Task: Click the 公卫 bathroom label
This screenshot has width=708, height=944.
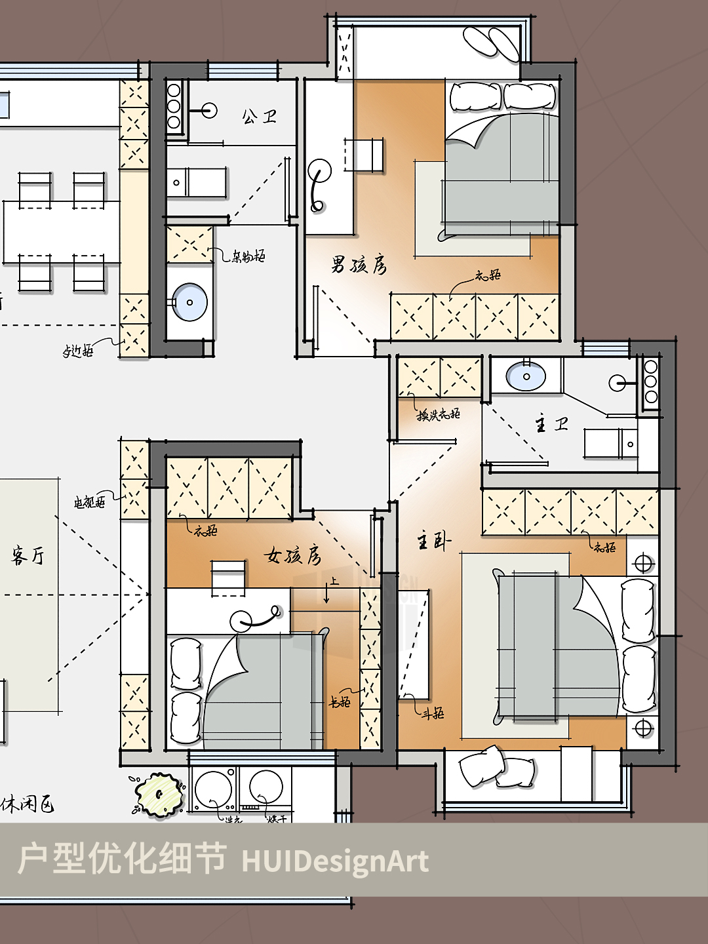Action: coord(260,117)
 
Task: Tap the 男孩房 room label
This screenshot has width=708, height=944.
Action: coord(359,265)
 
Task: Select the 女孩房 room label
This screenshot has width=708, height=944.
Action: coord(293,555)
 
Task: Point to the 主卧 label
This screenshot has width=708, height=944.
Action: coord(434,541)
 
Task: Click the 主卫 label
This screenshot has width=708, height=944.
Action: coord(551,425)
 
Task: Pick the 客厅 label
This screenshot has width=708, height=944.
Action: coord(28,556)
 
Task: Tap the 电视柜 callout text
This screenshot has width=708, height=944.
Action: coord(89,503)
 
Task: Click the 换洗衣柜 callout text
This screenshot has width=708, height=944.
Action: coord(439,414)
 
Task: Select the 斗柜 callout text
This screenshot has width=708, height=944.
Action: coord(433,713)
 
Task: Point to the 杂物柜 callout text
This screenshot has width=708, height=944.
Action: coord(248,256)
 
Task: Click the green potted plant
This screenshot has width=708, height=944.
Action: coord(159,795)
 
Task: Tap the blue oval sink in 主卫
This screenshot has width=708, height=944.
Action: coord(526,377)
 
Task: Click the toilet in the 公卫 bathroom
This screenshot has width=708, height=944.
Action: coord(197,182)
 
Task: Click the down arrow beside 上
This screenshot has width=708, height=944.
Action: coord(326,594)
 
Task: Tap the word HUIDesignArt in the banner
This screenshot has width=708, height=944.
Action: coord(335,861)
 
